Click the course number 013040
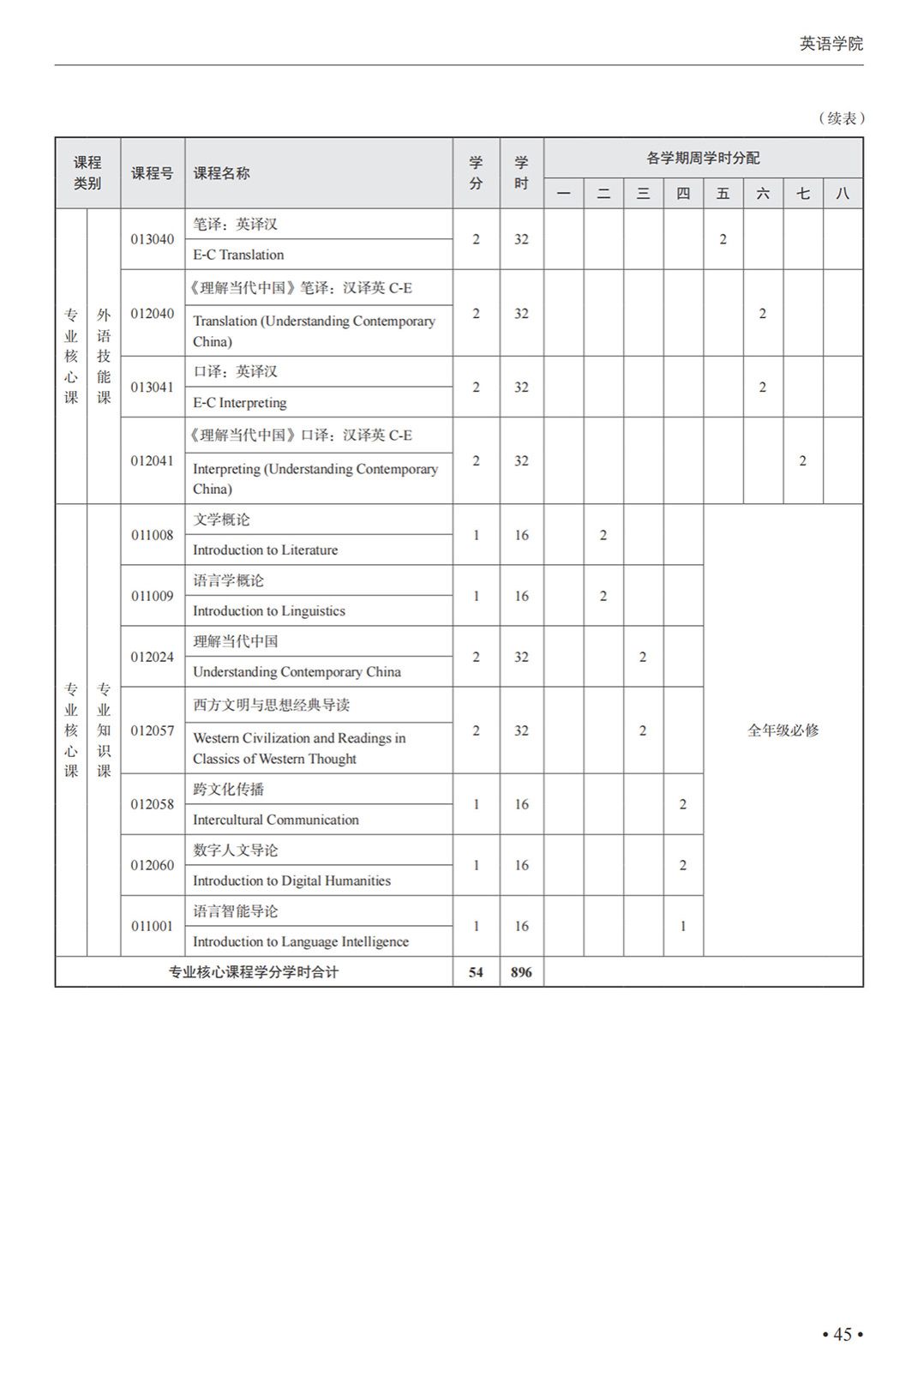(152, 239)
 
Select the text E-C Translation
(238, 255)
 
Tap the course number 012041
(152, 460)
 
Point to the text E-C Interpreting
(239, 402)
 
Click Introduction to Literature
(265, 550)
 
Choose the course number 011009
(152, 596)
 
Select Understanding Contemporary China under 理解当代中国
(297, 671)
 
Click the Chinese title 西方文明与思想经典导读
(271, 705)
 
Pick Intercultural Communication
(275, 820)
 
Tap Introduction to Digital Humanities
(291, 880)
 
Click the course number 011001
(152, 926)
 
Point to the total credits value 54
(476, 972)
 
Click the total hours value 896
(521, 972)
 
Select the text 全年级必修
(783, 730)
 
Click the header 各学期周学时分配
(703, 158)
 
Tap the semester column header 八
(843, 194)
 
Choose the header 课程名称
(221, 173)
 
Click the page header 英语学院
(831, 44)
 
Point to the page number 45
(843, 1334)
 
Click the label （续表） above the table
(841, 118)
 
